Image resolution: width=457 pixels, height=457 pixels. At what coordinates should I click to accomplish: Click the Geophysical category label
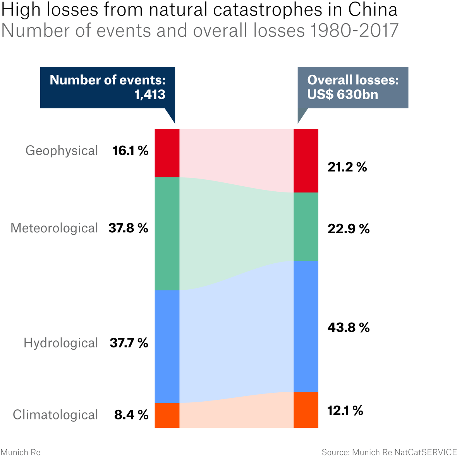click(x=62, y=151)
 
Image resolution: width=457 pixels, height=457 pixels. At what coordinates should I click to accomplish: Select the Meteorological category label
click(x=54, y=228)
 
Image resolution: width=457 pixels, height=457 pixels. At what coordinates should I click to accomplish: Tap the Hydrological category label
click(x=61, y=343)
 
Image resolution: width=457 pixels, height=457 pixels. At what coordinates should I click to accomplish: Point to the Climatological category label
click(x=55, y=415)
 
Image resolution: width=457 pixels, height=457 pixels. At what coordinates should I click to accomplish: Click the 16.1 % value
click(x=131, y=151)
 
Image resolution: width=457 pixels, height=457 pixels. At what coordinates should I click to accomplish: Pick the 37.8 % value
click(x=128, y=228)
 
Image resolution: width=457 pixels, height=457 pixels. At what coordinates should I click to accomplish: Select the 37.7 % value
click(x=129, y=343)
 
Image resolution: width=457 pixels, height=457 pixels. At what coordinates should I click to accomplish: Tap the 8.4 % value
click(x=131, y=415)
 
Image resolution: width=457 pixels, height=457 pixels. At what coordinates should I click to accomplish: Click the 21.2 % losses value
click(x=347, y=167)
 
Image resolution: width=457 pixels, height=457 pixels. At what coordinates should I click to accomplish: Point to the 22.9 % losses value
click(x=349, y=229)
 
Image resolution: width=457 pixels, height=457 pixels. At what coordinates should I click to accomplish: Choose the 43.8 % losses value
click(x=349, y=328)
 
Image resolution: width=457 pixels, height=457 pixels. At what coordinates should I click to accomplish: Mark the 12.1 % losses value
click(x=345, y=411)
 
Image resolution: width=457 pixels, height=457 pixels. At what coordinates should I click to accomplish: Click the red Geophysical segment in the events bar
click(x=167, y=153)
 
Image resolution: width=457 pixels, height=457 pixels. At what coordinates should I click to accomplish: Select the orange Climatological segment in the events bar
click(x=167, y=415)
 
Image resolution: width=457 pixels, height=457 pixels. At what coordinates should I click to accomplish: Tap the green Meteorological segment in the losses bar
click(x=306, y=227)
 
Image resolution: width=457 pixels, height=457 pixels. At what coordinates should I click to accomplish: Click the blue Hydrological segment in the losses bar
click(x=306, y=326)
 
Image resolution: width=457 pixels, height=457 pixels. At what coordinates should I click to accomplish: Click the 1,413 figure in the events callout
click(x=149, y=94)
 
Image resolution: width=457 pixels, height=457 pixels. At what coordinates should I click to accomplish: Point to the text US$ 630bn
click(x=342, y=94)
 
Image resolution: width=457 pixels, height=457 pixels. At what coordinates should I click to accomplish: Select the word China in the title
click(x=373, y=10)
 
